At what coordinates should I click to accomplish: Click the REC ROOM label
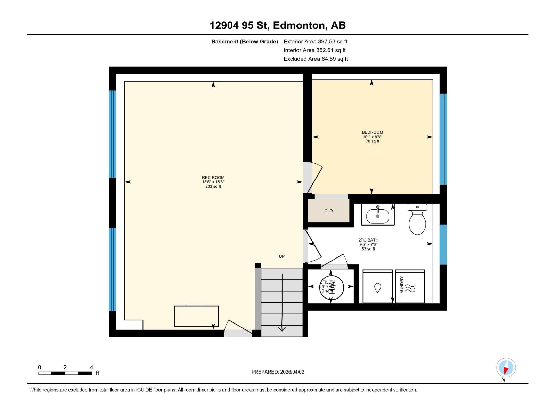point(213,178)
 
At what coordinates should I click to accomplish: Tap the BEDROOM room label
point(372,132)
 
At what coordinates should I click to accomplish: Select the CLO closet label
point(328,211)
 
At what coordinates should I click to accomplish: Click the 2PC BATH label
point(368,240)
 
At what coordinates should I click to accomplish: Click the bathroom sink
point(378,215)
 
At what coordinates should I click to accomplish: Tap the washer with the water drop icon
point(377,287)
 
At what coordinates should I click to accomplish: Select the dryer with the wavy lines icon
point(410,287)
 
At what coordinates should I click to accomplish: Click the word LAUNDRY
point(402,286)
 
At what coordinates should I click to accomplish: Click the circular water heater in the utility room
point(331,287)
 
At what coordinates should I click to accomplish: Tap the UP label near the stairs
point(282,256)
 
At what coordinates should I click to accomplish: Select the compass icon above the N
point(506,368)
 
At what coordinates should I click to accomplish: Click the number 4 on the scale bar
point(91,367)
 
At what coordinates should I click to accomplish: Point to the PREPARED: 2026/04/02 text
point(278,372)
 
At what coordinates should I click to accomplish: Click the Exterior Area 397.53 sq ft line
point(315,42)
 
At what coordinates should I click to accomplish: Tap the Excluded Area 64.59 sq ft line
point(316,59)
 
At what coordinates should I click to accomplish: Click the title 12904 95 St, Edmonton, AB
point(277,25)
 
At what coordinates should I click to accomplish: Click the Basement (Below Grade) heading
point(245,42)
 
